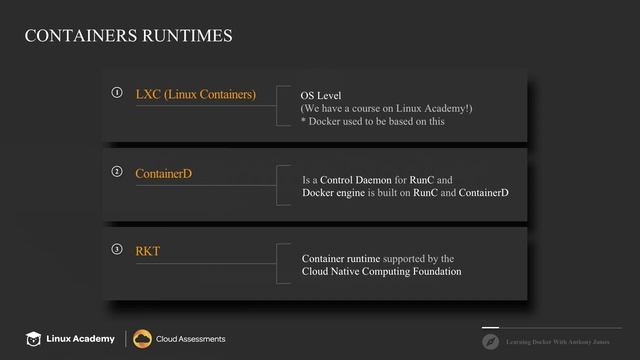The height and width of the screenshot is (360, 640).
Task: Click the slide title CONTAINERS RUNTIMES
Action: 128,37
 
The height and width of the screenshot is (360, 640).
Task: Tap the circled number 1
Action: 117,93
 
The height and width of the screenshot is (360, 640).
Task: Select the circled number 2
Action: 117,172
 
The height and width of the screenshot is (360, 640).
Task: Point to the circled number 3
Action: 117,249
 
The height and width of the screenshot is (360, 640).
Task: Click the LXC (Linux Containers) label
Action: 195,95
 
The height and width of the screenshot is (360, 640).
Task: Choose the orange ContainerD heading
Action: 163,174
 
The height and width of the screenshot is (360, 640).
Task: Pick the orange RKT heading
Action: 147,251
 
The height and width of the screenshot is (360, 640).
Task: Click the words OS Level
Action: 321,96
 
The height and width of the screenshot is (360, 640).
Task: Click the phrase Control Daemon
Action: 356,180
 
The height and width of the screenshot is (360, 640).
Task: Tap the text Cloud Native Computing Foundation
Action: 381,271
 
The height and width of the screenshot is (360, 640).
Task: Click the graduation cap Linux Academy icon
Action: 35,339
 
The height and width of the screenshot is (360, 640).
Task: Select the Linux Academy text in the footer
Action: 82,339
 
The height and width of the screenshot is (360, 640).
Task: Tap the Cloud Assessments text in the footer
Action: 190,339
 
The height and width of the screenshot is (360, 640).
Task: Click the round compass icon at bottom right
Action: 490,341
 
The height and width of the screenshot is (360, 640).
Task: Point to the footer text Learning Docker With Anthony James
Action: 558,342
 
